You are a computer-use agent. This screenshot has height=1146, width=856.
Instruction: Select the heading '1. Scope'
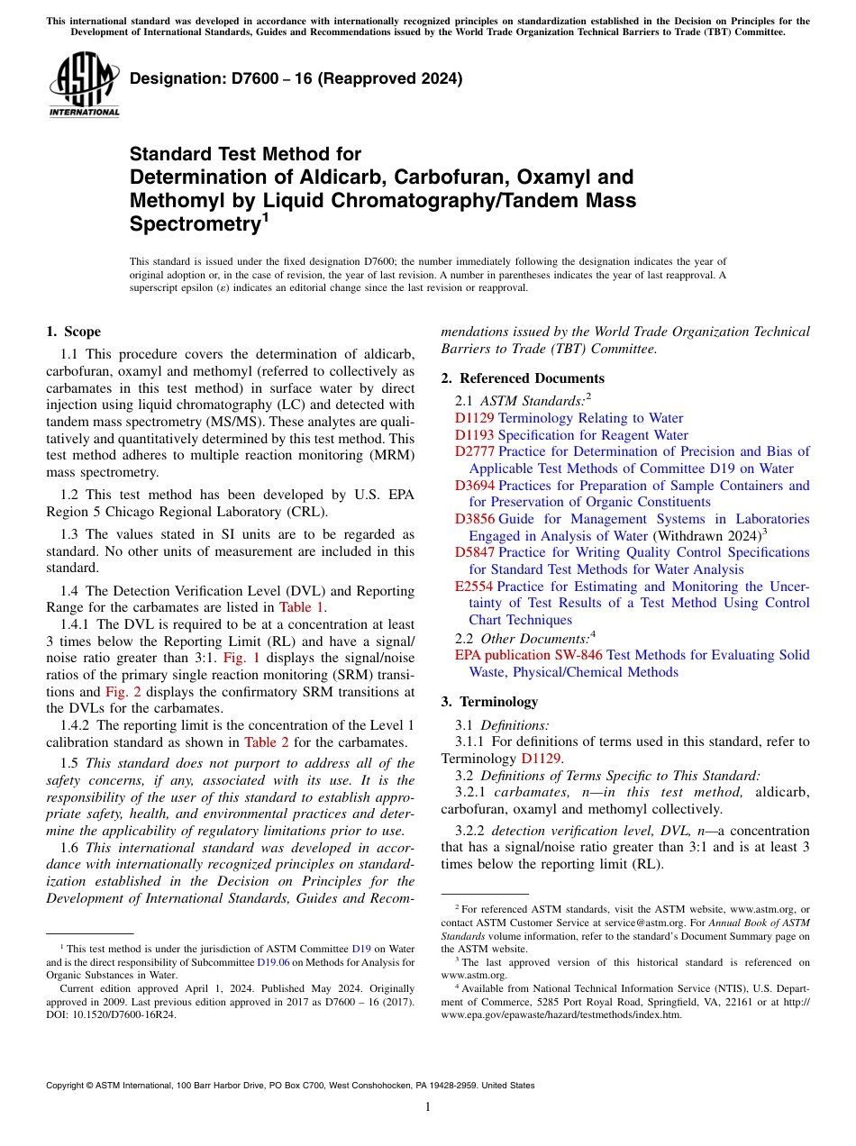(x=73, y=332)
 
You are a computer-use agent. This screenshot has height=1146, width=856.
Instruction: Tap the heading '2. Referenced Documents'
(x=523, y=378)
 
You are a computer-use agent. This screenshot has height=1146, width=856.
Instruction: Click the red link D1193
(x=474, y=435)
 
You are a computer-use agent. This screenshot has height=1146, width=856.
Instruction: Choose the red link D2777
(x=474, y=451)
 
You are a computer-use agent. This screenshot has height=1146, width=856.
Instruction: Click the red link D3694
(x=474, y=486)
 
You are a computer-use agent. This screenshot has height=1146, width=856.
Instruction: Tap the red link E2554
(x=473, y=587)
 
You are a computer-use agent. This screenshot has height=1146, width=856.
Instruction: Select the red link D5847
(x=474, y=552)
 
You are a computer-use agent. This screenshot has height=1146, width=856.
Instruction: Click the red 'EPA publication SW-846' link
(x=528, y=655)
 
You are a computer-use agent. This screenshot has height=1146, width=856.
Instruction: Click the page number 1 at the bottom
(x=428, y=1106)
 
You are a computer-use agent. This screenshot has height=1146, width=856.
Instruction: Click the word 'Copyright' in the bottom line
(x=68, y=1086)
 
